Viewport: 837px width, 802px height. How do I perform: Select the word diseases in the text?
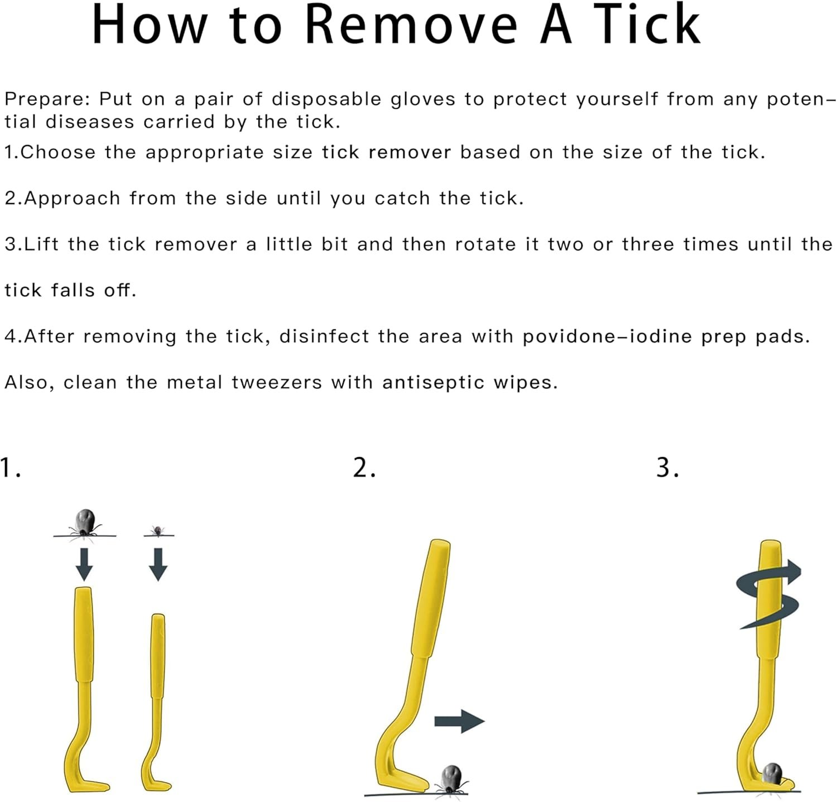pyautogui.click(x=90, y=122)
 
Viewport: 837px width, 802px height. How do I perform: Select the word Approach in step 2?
pyautogui.click(x=72, y=199)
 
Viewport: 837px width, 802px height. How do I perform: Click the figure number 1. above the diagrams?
pyautogui.click(x=10, y=468)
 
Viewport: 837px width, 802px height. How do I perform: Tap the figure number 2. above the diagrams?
pyautogui.click(x=364, y=468)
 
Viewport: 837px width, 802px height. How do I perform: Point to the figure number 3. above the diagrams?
pyautogui.click(x=667, y=468)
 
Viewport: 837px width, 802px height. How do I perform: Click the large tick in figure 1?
pyautogui.click(x=85, y=524)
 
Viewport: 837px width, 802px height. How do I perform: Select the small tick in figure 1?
pyautogui.click(x=158, y=530)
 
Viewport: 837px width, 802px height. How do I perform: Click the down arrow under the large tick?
pyautogui.click(x=84, y=564)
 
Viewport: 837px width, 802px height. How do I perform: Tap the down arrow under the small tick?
pyautogui.click(x=158, y=564)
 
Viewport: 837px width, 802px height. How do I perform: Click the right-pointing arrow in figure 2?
pyautogui.click(x=459, y=721)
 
